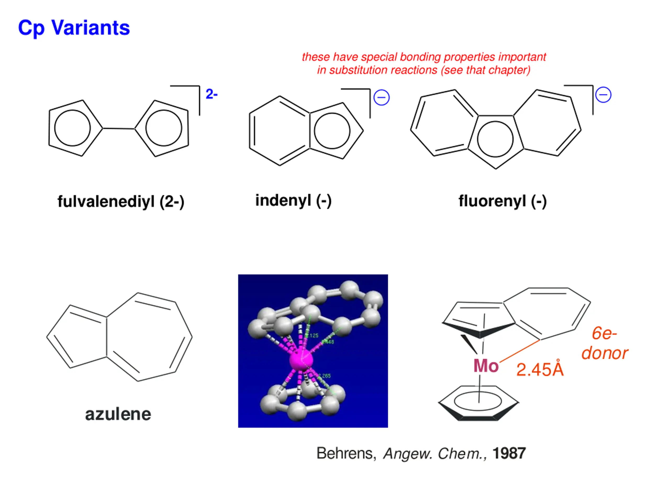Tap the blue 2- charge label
[211, 94]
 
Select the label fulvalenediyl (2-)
[121, 202]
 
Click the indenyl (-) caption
[293, 200]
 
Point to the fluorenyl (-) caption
[502, 201]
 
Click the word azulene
[118, 414]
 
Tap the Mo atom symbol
[486, 366]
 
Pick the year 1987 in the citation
[509, 453]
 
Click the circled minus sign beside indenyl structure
[381, 98]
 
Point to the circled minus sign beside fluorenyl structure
[603, 95]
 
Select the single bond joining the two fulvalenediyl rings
[119, 129]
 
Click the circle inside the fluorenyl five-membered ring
[495, 139]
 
